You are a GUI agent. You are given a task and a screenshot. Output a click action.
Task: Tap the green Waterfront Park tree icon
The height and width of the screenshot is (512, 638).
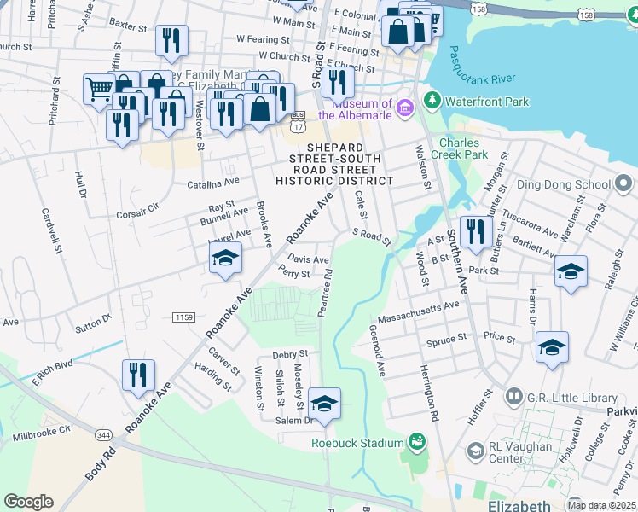[433, 102]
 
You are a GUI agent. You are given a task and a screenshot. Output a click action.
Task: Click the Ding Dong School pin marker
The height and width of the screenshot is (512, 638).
[623, 183]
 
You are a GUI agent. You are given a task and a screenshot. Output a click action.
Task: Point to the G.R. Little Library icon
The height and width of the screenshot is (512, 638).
[513, 397]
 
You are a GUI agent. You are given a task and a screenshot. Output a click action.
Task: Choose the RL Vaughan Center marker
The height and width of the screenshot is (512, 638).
[474, 450]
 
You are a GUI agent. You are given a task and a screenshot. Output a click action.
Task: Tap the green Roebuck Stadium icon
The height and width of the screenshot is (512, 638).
[416, 442]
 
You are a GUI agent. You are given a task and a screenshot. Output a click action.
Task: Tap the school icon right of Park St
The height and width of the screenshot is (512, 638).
[571, 272]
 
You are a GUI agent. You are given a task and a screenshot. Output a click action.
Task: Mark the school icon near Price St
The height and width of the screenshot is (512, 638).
[552, 348]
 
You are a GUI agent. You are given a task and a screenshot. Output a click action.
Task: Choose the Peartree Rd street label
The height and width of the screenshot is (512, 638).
[325, 295]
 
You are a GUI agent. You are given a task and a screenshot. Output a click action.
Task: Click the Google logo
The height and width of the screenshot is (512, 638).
[29, 501]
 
